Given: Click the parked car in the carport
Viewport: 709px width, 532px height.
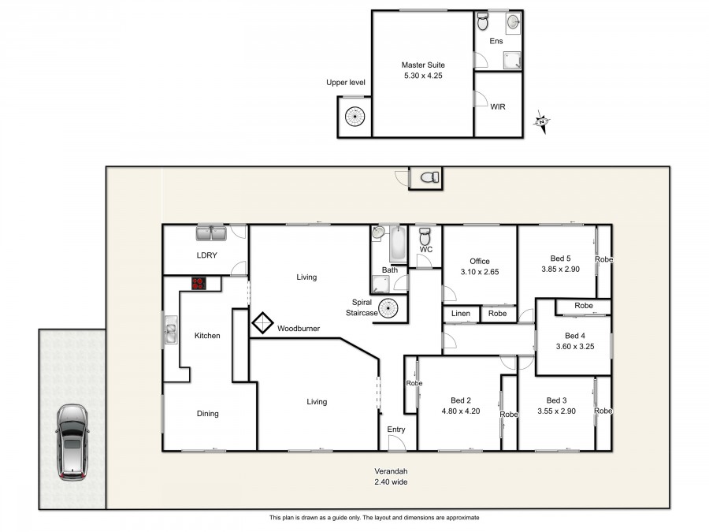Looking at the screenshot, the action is pyautogui.click(x=72, y=442).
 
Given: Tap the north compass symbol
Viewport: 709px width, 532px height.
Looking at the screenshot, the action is pyautogui.click(x=541, y=121).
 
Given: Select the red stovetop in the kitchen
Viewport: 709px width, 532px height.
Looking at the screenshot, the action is pyautogui.click(x=199, y=283).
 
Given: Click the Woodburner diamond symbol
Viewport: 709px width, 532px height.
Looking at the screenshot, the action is pyautogui.click(x=262, y=323).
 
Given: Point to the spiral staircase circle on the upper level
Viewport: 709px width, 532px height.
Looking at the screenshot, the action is pyautogui.click(x=355, y=117).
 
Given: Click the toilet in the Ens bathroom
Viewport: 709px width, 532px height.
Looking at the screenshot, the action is pyautogui.click(x=483, y=21).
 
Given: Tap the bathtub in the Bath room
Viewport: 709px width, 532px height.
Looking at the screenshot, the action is pyautogui.click(x=399, y=244).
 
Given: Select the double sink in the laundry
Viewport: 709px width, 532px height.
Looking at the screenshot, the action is pyautogui.click(x=211, y=233).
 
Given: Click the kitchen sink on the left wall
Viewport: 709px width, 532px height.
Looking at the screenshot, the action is pyautogui.click(x=171, y=329).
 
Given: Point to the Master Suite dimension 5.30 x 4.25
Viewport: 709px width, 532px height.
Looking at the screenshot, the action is pyautogui.click(x=423, y=76).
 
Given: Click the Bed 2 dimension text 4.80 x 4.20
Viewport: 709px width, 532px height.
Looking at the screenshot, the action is pyautogui.click(x=461, y=411).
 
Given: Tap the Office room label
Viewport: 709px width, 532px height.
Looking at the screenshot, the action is pyautogui.click(x=480, y=261).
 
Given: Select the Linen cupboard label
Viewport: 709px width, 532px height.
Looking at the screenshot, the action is pyautogui.click(x=461, y=313).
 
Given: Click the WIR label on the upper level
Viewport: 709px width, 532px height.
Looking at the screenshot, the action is pyautogui.click(x=498, y=106).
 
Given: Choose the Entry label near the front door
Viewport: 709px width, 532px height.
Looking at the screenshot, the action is pyautogui.click(x=396, y=430).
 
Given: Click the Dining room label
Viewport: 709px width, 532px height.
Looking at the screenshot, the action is pyautogui.click(x=207, y=414).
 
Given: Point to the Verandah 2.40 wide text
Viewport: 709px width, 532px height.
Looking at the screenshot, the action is pyautogui.click(x=391, y=477).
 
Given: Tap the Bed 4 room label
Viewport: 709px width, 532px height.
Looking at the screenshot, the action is pyautogui.click(x=575, y=336).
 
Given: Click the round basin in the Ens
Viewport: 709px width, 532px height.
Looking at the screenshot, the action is pyautogui.click(x=513, y=21).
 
